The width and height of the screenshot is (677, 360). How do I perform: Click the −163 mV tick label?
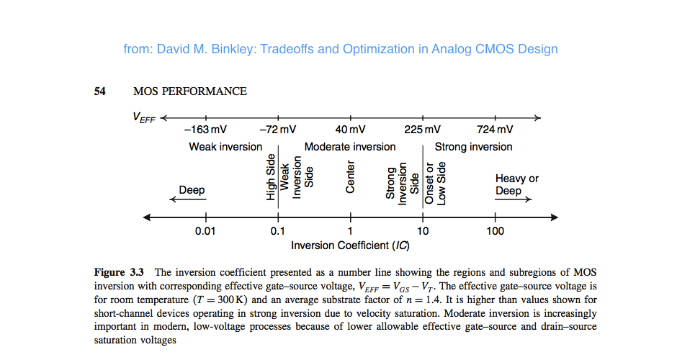click(205, 130)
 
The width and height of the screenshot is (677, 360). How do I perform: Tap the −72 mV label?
click(278, 130)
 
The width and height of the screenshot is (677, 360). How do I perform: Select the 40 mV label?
click(351, 130)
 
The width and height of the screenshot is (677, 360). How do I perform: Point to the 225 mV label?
click(423, 130)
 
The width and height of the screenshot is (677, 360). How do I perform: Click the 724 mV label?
click(496, 130)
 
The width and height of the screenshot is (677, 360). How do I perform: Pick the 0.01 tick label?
click(205, 231)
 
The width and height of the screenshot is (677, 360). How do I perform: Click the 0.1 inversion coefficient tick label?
click(278, 231)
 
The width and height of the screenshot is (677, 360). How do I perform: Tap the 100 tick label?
click(496, 231)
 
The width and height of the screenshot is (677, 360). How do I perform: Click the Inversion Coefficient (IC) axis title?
click(351, 246)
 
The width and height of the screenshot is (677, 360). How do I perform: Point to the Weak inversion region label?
click(225, 147)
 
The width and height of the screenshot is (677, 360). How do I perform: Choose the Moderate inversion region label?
click(350, 147)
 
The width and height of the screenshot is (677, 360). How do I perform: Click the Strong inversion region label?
click(473, 147)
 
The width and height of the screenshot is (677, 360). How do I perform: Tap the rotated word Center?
click(351, 176)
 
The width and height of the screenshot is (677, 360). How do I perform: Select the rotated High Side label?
click(271, 177)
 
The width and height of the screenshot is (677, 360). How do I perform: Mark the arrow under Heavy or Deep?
click(514, 200)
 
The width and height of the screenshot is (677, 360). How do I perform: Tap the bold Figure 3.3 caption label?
click(120, 272)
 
